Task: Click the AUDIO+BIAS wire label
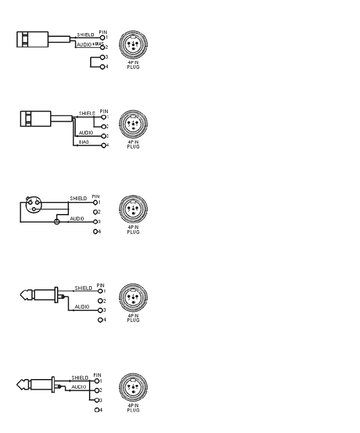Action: point(90,44)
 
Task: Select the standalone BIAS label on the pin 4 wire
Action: point(84,142)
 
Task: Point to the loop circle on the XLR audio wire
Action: point(57,222)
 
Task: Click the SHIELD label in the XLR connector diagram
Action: point(78,199)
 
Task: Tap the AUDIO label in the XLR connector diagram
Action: point(77,218)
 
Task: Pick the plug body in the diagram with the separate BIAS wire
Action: point(35,119)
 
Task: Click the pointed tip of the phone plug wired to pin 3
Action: point(23,295)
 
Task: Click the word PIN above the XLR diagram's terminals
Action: point(96,196)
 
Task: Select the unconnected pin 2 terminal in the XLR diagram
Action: point(97,212)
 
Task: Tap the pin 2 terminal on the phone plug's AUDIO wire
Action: point(97,390)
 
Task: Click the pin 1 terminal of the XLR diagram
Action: point(96,202)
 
